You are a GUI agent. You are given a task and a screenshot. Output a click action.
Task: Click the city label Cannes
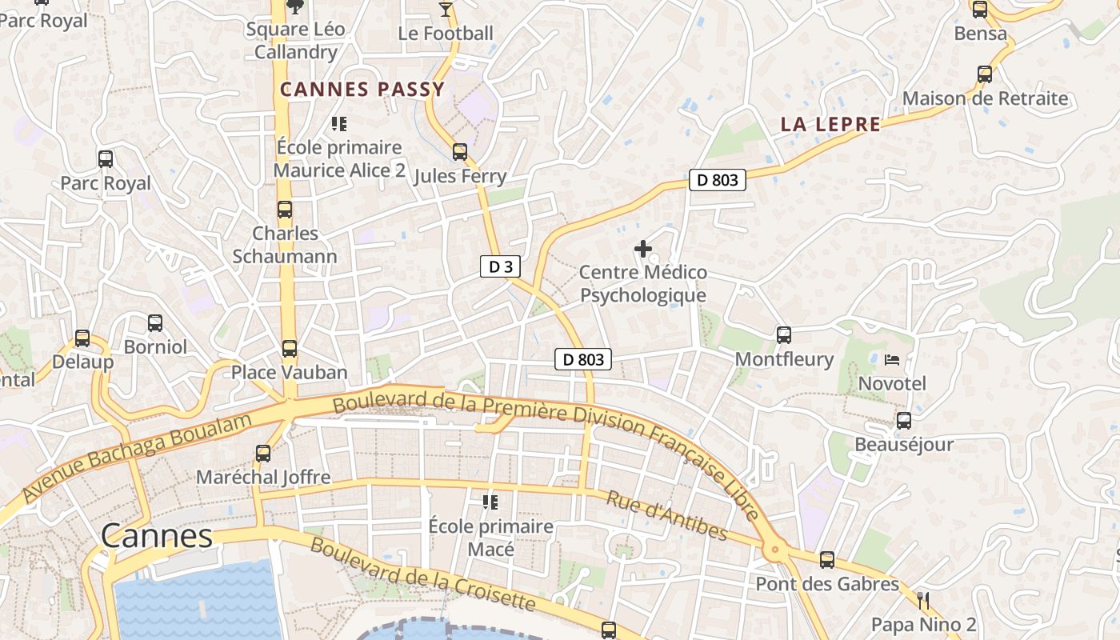click(x=157, y=536)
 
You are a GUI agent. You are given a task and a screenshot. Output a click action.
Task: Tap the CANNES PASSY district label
click(x=362, y=90)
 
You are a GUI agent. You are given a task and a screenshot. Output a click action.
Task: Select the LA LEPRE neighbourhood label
click(x=830, y=124)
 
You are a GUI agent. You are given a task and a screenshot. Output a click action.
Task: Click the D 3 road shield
click(x=500, y=267)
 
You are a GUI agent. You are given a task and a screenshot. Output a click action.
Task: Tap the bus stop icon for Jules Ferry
click(x=460, y=152)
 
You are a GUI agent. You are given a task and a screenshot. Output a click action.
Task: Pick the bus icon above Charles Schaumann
click(x=285, y=210)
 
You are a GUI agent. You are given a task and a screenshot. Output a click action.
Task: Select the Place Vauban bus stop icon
click(x=290, y=349)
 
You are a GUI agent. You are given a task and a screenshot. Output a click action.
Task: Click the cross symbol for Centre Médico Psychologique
click(x=642, y=249)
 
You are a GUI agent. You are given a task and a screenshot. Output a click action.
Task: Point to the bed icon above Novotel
click(x=892, y=360)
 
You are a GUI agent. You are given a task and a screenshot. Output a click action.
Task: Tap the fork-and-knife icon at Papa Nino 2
click(x=923, y=600)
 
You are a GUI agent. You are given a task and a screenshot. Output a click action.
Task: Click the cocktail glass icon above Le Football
click(x=446, y=10)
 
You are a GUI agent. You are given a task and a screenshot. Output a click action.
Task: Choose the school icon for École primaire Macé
click(x=490, y=502)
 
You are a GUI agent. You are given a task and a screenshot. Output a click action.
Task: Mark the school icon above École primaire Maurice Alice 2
click(x=338, y=124)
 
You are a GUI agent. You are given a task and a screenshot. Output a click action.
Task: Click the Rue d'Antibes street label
click(x=666, y=516)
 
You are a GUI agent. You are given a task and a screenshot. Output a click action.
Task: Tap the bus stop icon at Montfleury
click(x=784, y=335)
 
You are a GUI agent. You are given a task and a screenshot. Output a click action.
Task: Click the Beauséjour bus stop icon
click(x=904, y=421)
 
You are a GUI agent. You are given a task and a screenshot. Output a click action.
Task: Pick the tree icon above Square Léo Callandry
click(x=295, y=6)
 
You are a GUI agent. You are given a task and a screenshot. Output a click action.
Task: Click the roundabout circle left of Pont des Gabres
click(x=774, y=550)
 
